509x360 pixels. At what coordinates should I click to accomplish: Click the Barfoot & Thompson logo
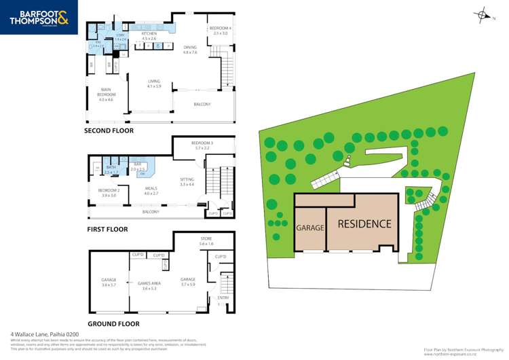pyautogui.click(x=39, y=18)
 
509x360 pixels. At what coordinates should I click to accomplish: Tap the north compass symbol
pyautogui.click(x=483, y=15)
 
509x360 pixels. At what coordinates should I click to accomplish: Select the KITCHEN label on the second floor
pyautogui.click(x=149, y=34)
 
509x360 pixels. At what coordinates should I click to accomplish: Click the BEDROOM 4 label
pyautogui.click(x=221, y=29)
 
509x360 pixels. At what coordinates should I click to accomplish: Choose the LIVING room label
pyautogui.click(x=154, y=82)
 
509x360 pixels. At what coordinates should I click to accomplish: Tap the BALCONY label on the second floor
pyautogui.click(x=202, y=104)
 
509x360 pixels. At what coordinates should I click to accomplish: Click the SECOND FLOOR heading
pyautogui.click(x=109, y=130)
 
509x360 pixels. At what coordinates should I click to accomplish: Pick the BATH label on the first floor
pyautogui.click(x=111, y=166)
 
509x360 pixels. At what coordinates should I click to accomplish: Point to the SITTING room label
pyautogui.click(x=187, y=180)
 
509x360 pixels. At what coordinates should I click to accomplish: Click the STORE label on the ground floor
pyautogui.click(x=206, y=239)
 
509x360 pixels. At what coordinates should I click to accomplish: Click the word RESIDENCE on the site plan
pyautogui.click(x=364, y=223)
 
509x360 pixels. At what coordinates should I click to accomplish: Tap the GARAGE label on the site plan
pyautogui.click(x=309, y=228)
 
